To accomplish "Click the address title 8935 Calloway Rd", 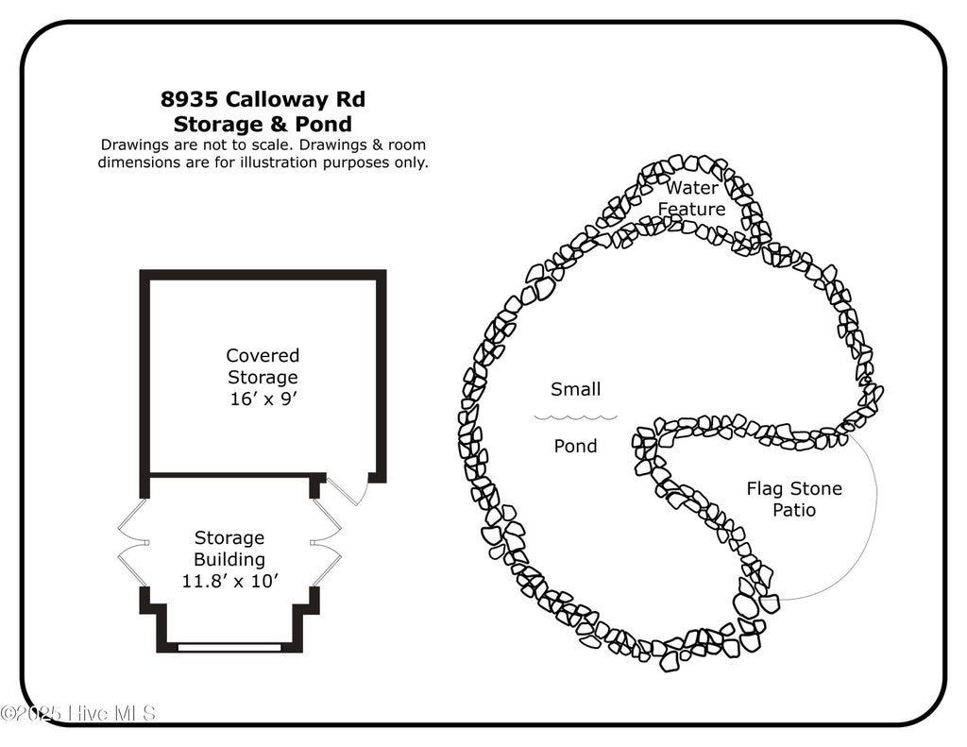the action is [x=263, y=99].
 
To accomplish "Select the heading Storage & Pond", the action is [x=263, y=124].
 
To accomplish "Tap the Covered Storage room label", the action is [x=263, y=365].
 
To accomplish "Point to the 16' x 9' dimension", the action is [x=263, y=399].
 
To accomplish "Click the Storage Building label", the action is [x=229, y=549].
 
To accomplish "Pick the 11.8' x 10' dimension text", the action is [x=230, y=581].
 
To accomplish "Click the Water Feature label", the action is [x=691, y=198].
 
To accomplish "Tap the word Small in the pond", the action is [x=575, y=389].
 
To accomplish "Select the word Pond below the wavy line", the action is [x=575, y=446].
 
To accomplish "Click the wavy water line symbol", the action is [x=575, y=417].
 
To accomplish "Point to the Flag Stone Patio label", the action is [x=794, y=499].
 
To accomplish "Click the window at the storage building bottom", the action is [x=229, y=647].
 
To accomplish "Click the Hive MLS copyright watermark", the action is [x=77, y=713].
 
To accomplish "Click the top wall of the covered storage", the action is [x=263, y=275].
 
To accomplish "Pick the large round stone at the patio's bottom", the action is [x=746, y=605].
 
